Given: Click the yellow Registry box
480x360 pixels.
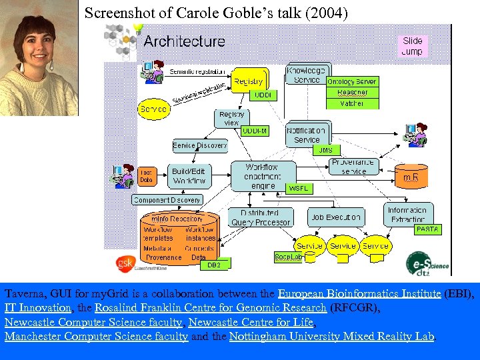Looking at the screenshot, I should pyautogui.click(x=249, y=82).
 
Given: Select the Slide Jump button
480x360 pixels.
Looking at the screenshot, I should pyautogui.click(x=412, y=45).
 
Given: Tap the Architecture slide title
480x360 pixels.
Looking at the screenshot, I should pyautogui.click(x=185, y=41).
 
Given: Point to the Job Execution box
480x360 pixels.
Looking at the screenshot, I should pyautogui.click(x=336, y=217).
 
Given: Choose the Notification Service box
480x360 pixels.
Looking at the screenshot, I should pyautogui.click(x=307, y=135).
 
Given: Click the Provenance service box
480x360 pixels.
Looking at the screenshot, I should pyautogui.click(x=353, y=167).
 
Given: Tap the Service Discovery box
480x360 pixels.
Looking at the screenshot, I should pyautogui.click(x=200, y=145).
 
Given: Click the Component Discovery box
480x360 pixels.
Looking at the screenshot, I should pyautogui.click(x=167, y=199).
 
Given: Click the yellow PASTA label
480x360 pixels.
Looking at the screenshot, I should pyautogui.click(x=427, y=229).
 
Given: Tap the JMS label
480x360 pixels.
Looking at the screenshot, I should pyautogui.click(x=325, y=150).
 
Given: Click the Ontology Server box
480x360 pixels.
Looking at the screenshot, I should pyautogui.click(x=351, y=81).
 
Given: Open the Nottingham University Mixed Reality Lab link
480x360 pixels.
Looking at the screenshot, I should pyautogui.click(x=331, y=337).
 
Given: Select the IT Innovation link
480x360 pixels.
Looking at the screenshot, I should pyautogui.click(x=37, y=308).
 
